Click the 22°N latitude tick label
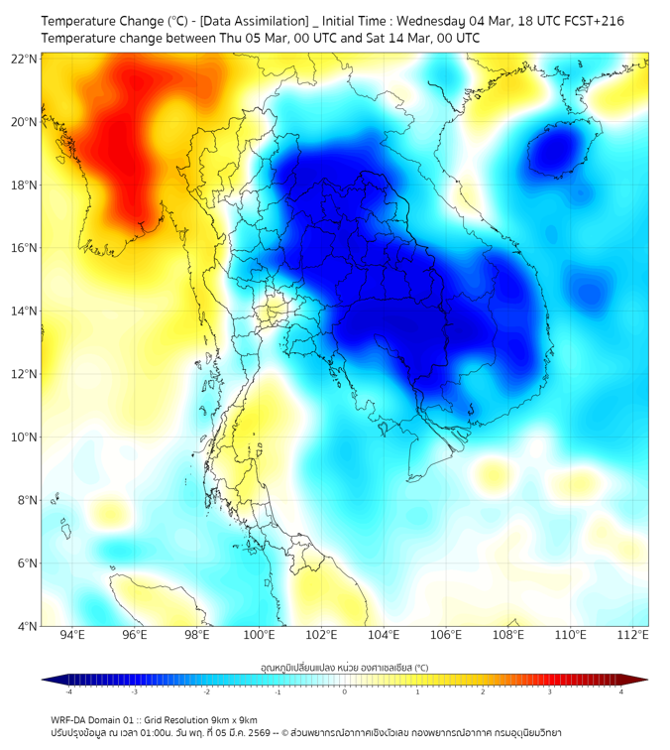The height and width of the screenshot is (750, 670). (x=25, y=59)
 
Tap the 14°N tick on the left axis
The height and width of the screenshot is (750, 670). (x=25, y=312)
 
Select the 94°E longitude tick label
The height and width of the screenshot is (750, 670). (x=72, y=635)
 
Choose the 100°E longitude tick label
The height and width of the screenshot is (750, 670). (x=260, y=635)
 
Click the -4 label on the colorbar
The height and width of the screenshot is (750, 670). (x=68, y=691)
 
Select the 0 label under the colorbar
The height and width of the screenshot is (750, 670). (x=345, y=691)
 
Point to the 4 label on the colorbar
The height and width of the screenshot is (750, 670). (x=621, y=691)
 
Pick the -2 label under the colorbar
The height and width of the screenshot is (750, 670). (x=206, y=691)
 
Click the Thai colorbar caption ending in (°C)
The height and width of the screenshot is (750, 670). (x=344, y=668)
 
